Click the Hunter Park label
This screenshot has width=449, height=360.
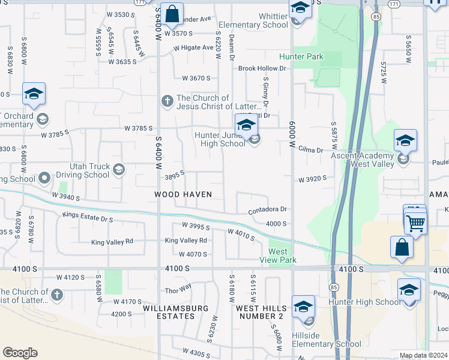[x=301, y=57]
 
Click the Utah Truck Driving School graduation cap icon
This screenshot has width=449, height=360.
[x=119, y=169]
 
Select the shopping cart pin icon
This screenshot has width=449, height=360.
[x=415, y=223]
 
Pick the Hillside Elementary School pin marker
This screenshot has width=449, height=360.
[x=303, y=307]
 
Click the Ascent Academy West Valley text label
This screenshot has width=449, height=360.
[x=363, y=160]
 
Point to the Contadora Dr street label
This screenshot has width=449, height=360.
[x=268, y=210]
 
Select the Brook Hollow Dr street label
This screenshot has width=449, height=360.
[x=262, y=68]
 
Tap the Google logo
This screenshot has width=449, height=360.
[x=20, y=353]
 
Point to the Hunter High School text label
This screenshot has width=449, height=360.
[x=365, y=302]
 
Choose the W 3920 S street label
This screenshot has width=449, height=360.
[x=312, y=179]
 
